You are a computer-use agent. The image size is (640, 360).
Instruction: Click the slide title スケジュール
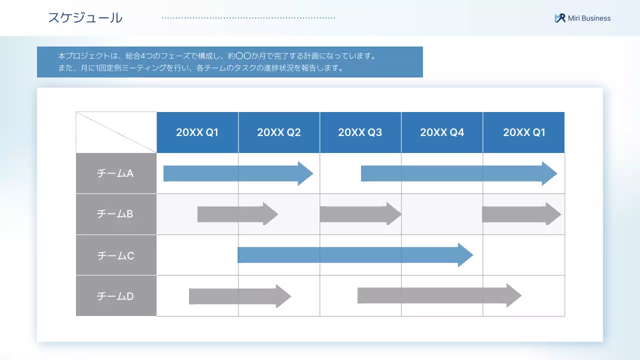pyautogui.click(x=85, y=18)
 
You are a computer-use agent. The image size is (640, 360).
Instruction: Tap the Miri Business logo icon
pyautogui.click(x=560, y=18)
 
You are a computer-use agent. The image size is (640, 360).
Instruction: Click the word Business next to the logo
pyautogui.click(x=595, y=18)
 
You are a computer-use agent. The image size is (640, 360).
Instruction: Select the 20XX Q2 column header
pyautogui.click(x=279, y=132)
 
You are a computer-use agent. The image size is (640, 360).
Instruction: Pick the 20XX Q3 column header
pyautogui.click(x=360, y=132)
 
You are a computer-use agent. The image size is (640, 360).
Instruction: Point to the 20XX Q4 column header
pyautogui.click(x=442, y=132)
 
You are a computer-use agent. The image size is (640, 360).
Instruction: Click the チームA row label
pyautogui.click(x=115, y=173)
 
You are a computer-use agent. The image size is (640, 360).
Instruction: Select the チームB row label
pyautogui.click(x=115, y=214)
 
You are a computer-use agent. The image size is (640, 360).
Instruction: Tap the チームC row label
pyautogui.click(x=115, y=255)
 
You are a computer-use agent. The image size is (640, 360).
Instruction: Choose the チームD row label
pyautogui.click(x=115, y=296)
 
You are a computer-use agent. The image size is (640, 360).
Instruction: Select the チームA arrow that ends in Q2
pyautogui.click(x=235, y=173)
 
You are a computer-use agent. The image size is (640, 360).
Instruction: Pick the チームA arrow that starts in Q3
pyautogui.click(x=455, y=173)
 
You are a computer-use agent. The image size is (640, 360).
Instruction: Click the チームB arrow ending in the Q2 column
pyautogui.click(x=235, y=214)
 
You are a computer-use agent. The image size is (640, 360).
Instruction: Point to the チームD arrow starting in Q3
pyautogui.click(x=435, y=295)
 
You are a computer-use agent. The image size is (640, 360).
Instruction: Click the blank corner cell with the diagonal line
pyautogui.click(x=116, y=132)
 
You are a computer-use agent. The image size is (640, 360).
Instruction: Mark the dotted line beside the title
pyautogui.click(x=248, y=18)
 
